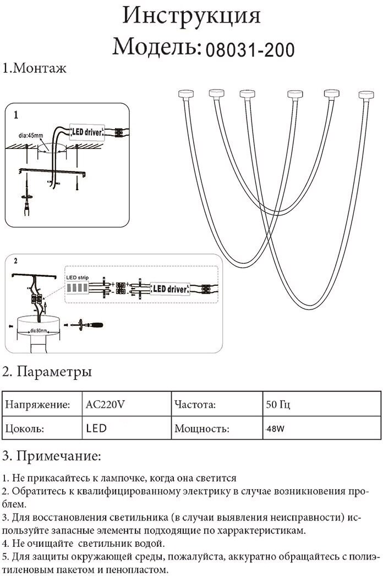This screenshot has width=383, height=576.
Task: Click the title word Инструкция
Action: tap(191, 17)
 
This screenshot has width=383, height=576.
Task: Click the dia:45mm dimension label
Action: tap(31, 135)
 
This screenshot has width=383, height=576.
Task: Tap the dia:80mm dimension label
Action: tap(38, 330)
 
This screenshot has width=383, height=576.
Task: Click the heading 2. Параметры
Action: tap(47, 372)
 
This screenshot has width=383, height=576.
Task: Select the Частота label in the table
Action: tap(194, 406)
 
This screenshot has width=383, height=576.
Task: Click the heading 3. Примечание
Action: tap(52, 456)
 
